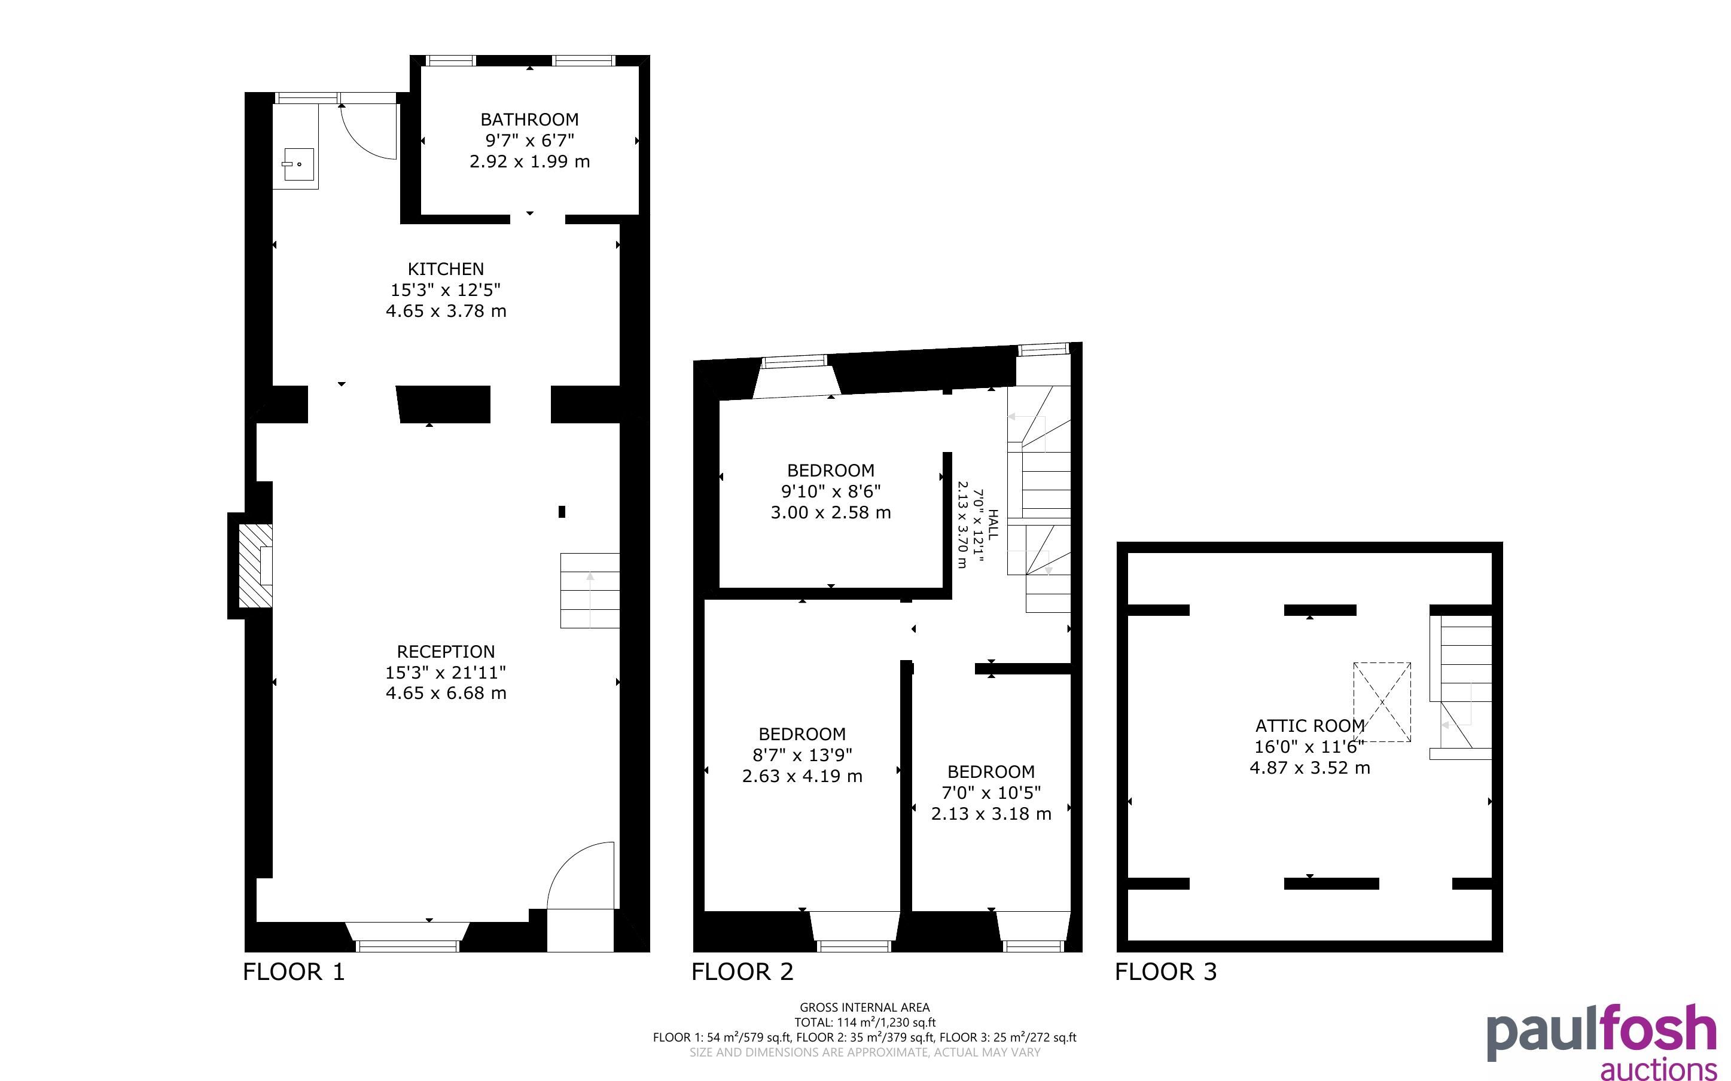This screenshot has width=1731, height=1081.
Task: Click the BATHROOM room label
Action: point(529,120)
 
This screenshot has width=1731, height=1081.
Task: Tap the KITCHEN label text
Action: point(446,269)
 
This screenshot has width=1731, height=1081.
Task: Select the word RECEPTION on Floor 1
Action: point(446,651)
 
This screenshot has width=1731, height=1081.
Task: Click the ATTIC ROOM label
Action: point(1310,726)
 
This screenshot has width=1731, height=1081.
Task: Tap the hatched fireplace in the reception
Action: point(255,566)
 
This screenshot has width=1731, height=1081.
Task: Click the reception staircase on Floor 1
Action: point(589,591)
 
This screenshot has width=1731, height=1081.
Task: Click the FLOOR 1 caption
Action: point(294,972)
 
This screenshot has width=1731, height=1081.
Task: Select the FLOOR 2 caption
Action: point(742,972)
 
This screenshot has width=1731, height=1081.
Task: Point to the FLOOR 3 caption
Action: point(1166,972)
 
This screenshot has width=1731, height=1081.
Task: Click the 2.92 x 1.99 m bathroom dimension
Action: point(529,161)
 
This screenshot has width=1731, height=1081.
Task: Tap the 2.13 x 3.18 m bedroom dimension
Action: point(991,814)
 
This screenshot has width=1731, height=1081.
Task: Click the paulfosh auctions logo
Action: point(1602,1042)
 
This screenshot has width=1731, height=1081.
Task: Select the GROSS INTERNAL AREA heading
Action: point(864,1007)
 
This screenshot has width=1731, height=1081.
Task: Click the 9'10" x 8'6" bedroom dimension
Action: point(830,491)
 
